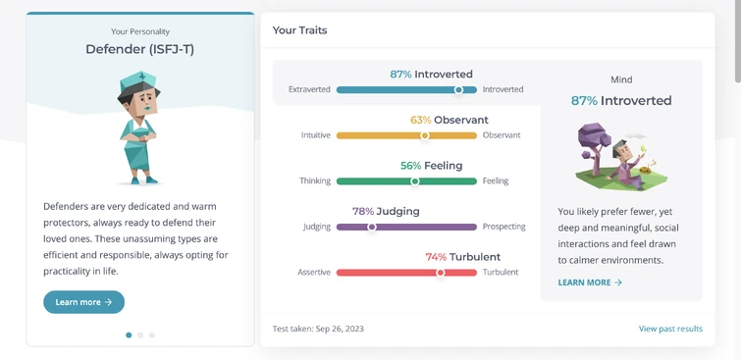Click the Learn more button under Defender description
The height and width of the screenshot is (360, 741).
[83, 302]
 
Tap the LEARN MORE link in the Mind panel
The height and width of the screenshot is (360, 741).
[590, 283]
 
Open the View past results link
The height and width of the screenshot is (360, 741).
[670, 329]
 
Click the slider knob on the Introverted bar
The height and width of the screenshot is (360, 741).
[458, 89]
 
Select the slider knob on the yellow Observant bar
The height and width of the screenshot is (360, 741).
[425, 135]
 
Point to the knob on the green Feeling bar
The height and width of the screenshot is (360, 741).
[415, 181]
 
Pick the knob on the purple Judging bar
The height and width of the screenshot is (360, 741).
[372, 227]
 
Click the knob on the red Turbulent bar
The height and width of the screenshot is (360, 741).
[441, 273]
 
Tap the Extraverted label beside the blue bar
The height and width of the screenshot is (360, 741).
[309, 89]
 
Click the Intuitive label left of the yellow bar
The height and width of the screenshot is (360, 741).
[316, 135]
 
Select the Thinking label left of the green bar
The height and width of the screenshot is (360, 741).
[315, 181]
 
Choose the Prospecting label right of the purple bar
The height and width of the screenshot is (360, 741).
[503, 227]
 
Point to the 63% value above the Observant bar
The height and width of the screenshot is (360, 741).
[420, 120]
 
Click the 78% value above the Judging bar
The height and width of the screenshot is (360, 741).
[362, 211]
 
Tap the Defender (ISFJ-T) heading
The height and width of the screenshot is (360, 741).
[140, 48]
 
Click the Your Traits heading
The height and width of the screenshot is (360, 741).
[299, 30]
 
